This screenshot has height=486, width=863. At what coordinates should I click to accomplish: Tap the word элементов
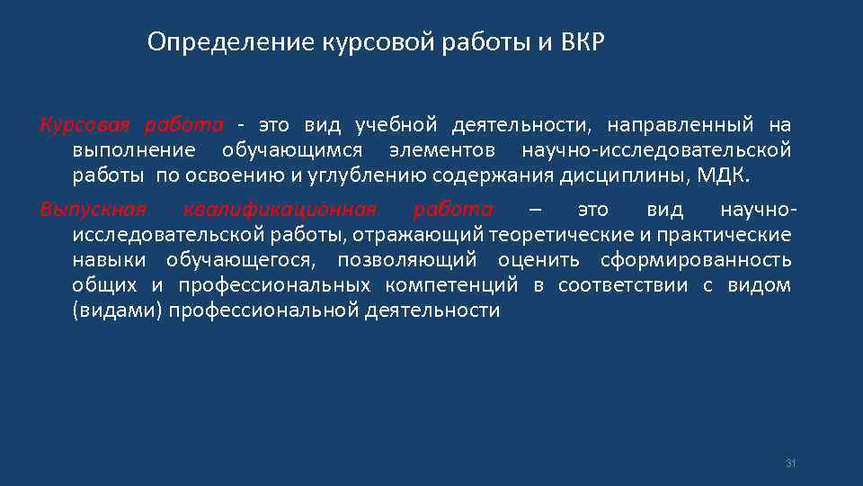442,148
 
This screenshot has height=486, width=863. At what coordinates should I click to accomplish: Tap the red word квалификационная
279,210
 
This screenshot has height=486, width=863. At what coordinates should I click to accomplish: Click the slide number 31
791,463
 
